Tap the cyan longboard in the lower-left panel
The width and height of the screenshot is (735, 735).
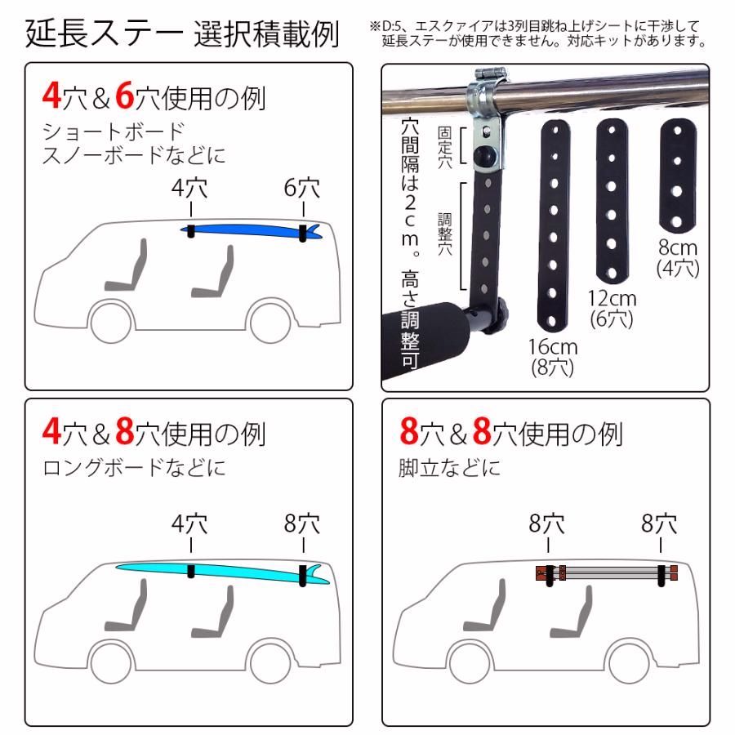click(x=220, y=571)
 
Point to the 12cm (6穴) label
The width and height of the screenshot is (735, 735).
click(x=612, y=309)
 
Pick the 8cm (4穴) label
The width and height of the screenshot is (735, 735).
click(x=677, y=256)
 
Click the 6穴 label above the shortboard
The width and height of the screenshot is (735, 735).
click(x=302, y=189)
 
